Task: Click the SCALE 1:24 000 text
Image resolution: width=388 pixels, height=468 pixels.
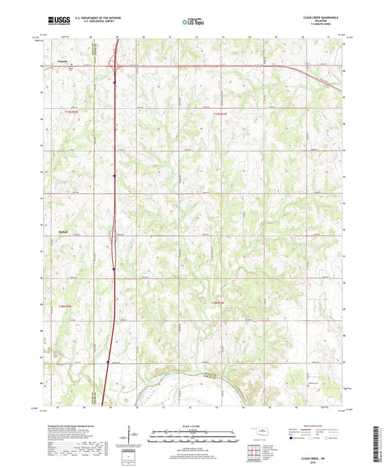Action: point(193,425)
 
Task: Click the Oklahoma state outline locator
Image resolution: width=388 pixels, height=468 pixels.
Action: point(254,429)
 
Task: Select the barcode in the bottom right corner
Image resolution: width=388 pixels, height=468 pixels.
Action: point(376,443)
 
